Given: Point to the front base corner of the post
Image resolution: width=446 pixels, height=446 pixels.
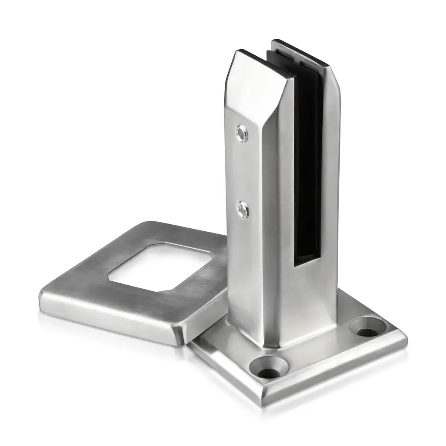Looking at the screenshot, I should (275, 346).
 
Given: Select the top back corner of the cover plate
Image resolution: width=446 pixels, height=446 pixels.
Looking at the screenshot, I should (150, 223).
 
